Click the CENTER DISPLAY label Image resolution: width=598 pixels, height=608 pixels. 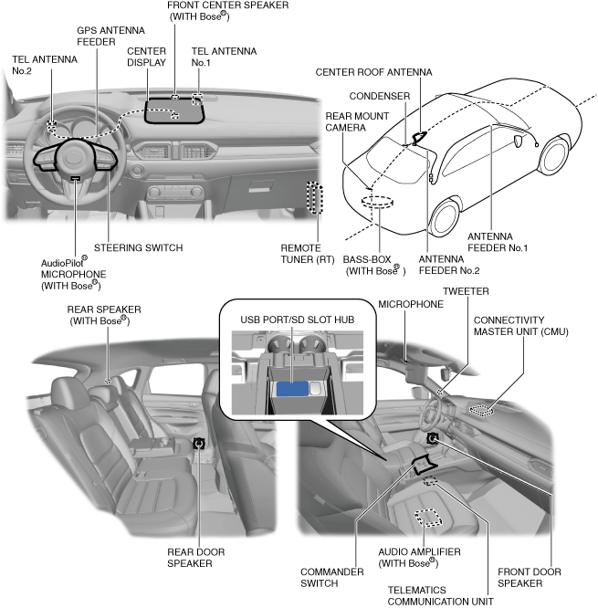(147, 57)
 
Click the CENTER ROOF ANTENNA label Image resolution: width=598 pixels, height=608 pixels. (374, 71)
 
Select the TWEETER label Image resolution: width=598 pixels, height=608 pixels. (466, 291)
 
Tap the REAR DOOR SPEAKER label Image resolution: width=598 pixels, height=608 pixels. (196, 558)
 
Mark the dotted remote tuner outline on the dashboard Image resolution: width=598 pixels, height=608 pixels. (315, 198)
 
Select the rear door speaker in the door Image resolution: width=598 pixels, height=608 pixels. (198, 443)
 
